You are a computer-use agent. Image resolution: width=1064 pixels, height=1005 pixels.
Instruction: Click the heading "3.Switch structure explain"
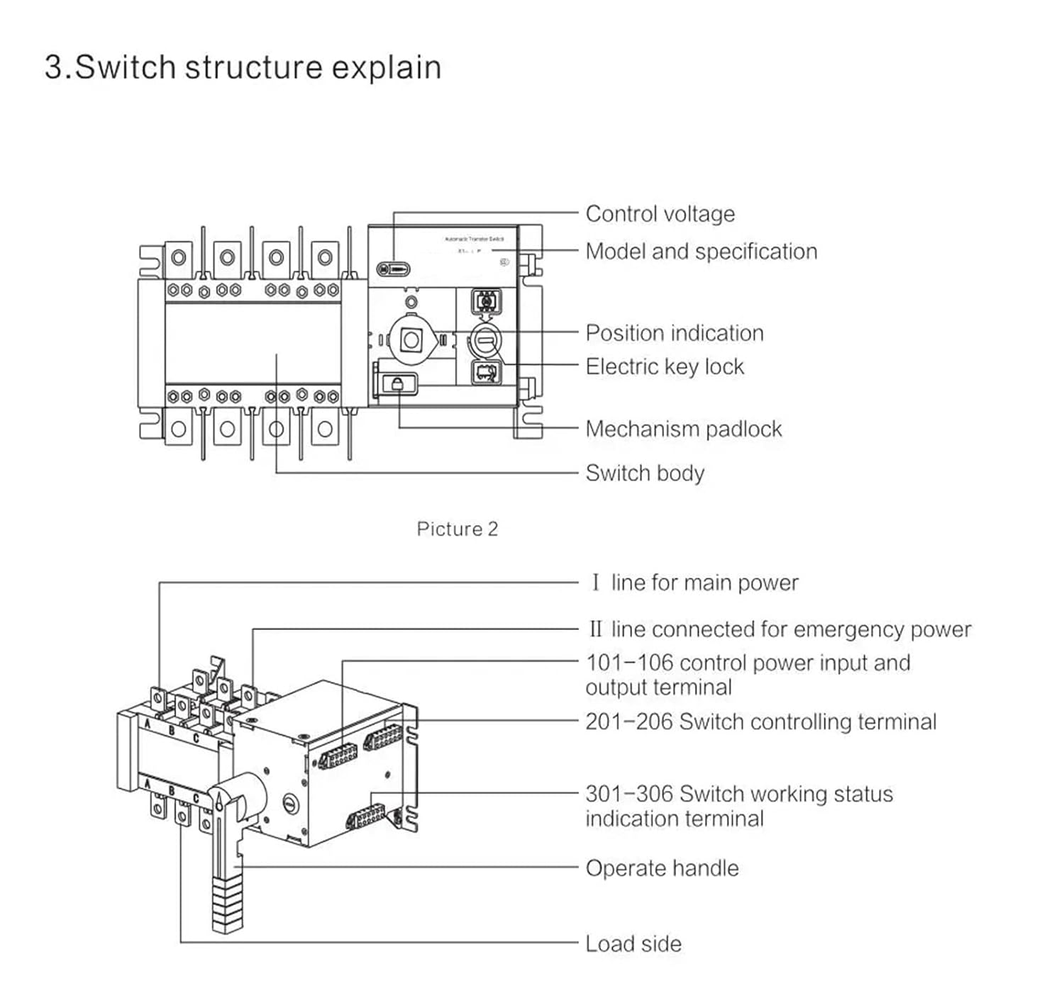click(x=243, y=67)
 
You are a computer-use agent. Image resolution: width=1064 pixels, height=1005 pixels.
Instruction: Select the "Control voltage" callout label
click(x=660, y=213)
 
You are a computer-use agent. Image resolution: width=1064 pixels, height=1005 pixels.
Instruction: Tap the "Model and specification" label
click(x=701, y=251)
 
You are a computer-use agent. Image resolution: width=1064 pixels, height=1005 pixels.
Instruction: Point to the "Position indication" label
click(x=674, y=332)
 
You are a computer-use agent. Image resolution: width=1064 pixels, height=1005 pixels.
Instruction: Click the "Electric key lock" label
click(x=665, y=366)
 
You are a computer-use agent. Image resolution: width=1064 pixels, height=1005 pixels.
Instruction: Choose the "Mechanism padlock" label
click(x=683, y=429)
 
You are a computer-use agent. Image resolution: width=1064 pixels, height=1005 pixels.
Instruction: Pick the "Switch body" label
click(x=645, y=473)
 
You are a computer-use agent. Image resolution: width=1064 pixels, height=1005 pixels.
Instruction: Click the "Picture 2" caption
click(x=457, y=529)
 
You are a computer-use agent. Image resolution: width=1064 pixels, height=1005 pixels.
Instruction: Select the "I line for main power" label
click(x=694, y=583)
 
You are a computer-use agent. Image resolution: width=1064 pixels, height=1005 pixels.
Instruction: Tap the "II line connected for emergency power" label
click(x=780, y=629)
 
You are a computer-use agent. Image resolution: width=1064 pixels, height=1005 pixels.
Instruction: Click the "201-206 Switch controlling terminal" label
click(x=760, y=722)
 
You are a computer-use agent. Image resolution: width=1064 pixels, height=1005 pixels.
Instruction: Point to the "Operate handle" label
click(x=662, y=868)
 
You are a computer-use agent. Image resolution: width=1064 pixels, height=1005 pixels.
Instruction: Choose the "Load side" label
click(x=633, y=943)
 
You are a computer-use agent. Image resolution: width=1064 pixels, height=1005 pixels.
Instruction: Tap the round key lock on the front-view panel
click(x=486, y=341)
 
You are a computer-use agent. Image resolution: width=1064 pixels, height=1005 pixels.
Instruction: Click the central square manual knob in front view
click(x=411, y=340)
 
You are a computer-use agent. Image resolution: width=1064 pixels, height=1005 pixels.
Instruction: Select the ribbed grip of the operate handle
click(x=227, y=904)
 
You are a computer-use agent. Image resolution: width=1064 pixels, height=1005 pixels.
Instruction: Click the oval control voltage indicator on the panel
click(x=393, y=269)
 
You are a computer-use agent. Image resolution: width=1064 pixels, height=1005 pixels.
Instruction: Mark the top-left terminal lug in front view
click(x=178, y=257)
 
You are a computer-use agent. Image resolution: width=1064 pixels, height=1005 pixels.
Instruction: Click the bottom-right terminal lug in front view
click(x=325, y=429)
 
